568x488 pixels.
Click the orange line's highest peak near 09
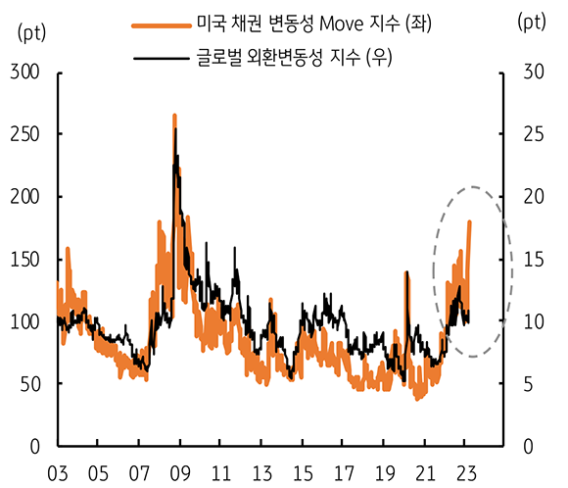coord(174,116)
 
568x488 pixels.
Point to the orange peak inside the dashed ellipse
coord(469,222)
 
